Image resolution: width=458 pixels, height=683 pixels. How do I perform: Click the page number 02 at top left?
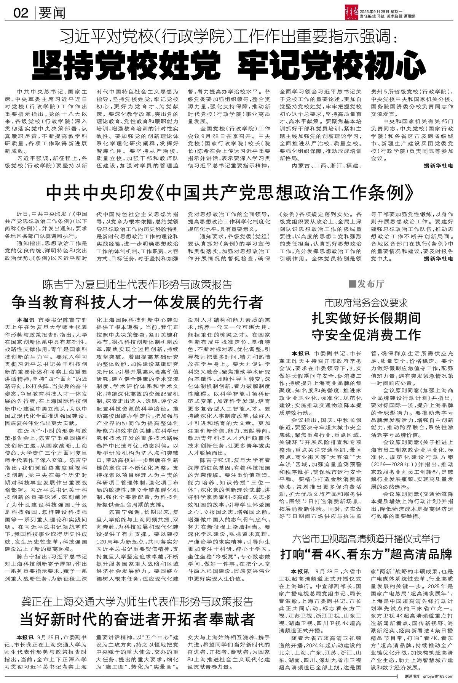coord(21,14)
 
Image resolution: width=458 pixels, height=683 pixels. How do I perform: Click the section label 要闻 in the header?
coord(53,13)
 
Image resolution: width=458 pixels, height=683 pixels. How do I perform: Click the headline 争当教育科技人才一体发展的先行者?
coord(137,303)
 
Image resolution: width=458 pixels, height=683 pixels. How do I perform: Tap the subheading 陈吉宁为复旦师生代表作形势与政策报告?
coord(137,285)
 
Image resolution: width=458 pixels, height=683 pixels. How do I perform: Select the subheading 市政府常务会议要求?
coord(366,303)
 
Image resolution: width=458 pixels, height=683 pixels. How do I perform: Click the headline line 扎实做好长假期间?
coord(366,319)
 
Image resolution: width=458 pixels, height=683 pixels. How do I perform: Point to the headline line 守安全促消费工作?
coord(366,335)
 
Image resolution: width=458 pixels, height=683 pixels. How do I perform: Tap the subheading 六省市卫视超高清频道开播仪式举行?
coord(366,539)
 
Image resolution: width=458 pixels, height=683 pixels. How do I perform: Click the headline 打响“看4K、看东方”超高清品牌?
coord(366,554)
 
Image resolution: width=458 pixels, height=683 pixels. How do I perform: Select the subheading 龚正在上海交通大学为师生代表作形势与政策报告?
coord(137,601)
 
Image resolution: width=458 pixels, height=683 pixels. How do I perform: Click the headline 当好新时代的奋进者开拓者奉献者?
coord(137,618)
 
